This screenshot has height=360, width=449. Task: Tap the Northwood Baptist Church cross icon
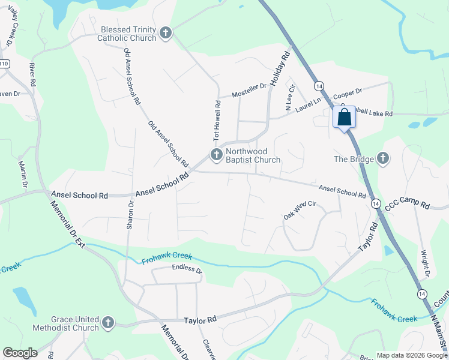tap(215, 155)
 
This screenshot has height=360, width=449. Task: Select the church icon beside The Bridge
tap(382, 159)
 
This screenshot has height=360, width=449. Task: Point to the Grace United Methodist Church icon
tap(108, 323)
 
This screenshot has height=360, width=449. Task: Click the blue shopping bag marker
tap(344, 116)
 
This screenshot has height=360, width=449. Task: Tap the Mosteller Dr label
tap(249, 90)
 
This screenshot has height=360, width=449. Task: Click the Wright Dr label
tap(426, 264)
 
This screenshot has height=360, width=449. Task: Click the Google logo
tap(20, 353)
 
